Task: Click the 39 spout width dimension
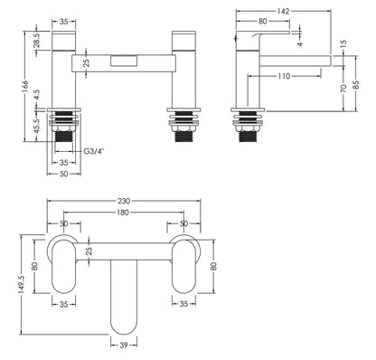pyautogui.click(x=121, y=345)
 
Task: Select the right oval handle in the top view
pyautogui.click(x=185, y=267)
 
